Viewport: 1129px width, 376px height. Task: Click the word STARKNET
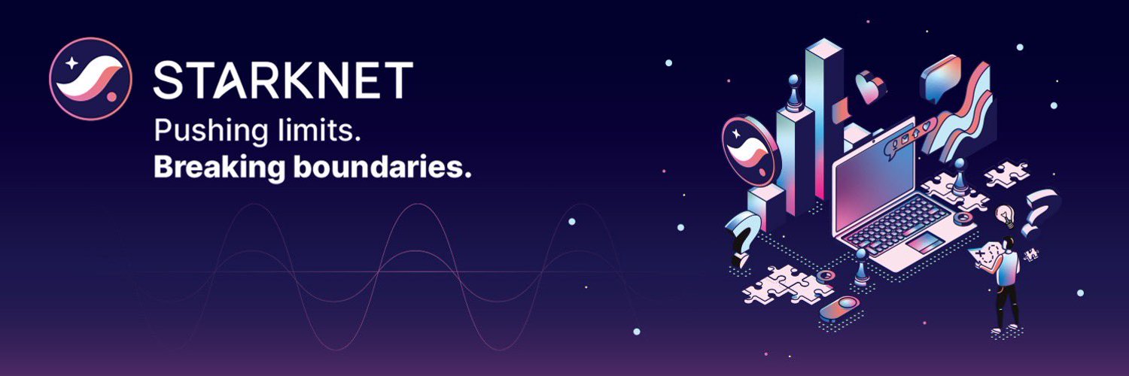[x=283, y=80]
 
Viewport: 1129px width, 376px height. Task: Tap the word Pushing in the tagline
[x=211, y=132]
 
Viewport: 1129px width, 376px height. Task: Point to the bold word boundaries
[x=382, y=167]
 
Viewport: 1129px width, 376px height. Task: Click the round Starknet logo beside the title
[x=91, y=79]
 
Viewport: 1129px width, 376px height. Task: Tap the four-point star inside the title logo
[x=72, y=63]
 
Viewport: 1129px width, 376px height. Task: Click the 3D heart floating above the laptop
[x=870, y=86]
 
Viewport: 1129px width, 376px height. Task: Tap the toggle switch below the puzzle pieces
[x=838, y=308]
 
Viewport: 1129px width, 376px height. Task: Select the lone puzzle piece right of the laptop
[x=1006, y=174]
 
